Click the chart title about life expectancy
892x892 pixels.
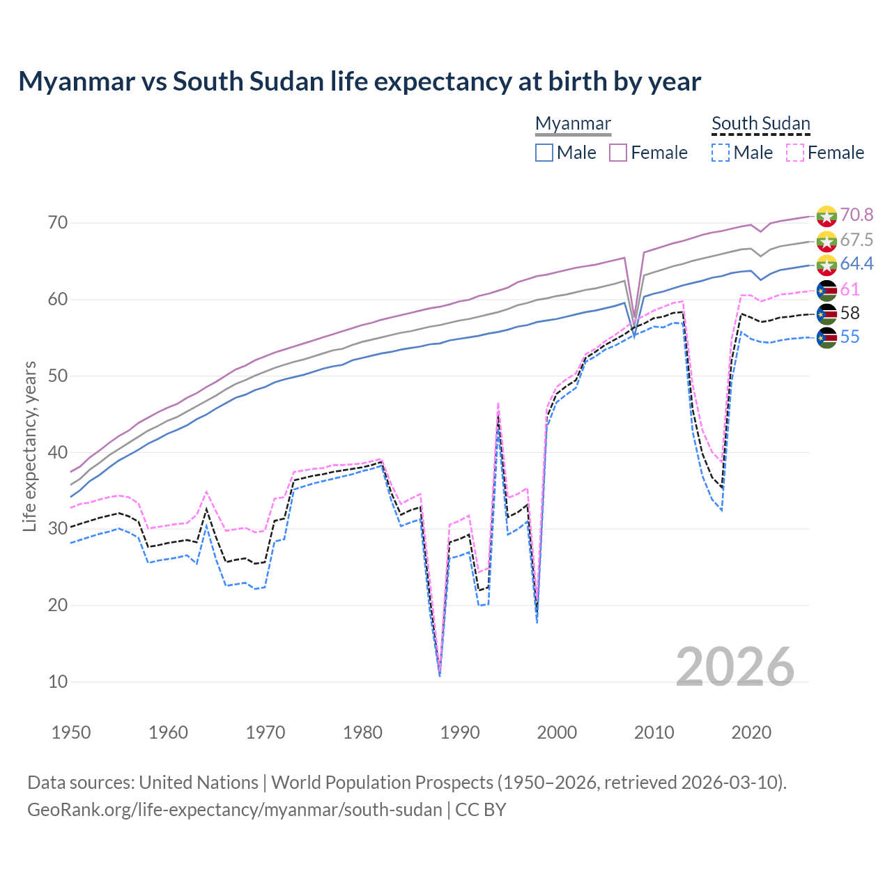point(360,82)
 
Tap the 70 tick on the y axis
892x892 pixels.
point(58,223)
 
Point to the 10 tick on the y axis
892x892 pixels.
point(58,682)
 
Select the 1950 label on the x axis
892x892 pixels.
point(71,732)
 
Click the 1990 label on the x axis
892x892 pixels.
point(460,732)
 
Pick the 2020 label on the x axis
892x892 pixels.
point(751,732)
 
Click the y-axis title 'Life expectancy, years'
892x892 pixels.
point(30,446)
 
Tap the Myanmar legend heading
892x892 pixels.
point(573,123)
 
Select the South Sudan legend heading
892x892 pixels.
point(760,123)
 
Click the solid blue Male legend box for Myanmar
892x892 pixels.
point(544,153)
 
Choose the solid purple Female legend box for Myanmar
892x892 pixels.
point(618,153)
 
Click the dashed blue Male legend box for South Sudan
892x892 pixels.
point(721,153)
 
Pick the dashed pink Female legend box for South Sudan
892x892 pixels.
point(795,153)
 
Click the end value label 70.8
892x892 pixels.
point(856,215)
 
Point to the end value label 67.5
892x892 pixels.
point(856,240)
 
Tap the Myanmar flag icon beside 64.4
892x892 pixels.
point(826,264)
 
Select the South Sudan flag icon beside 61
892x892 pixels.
point(826,290)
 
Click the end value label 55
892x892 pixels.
point(849,337)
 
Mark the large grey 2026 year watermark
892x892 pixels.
point(735,667)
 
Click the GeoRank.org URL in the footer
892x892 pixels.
point(235,810)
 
